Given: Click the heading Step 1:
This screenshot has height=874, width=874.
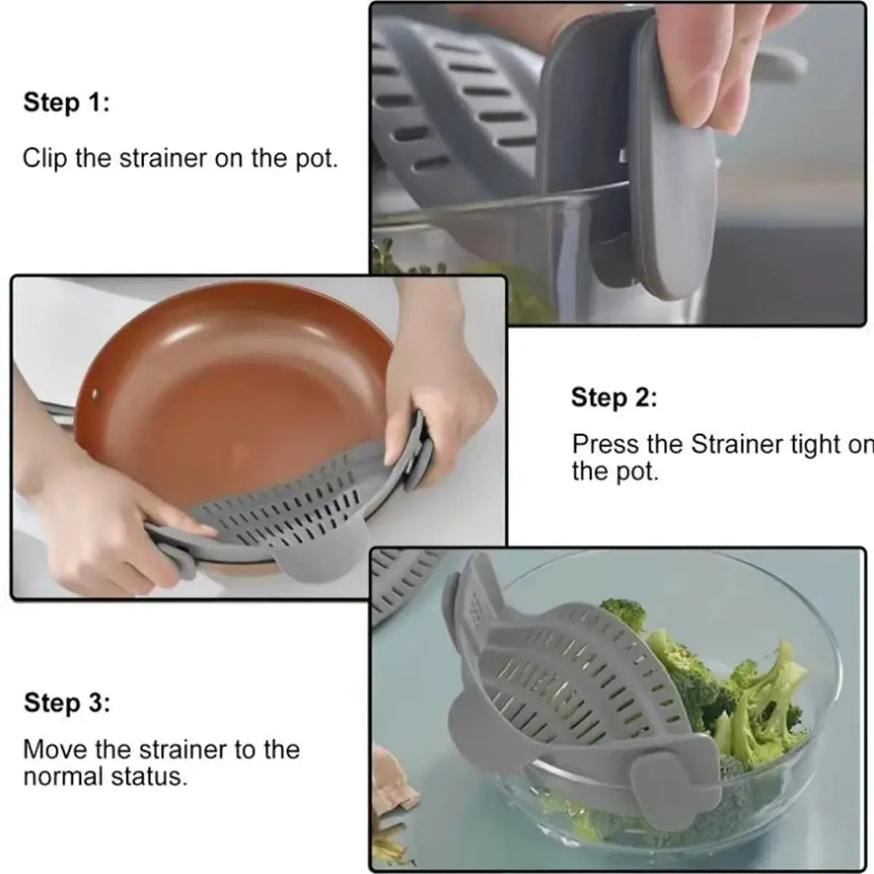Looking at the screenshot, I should click(x=66, y=102).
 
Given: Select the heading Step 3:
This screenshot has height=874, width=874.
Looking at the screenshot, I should click(x=66, y=704).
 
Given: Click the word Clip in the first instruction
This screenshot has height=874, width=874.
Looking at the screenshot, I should click(x=46, y=158).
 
